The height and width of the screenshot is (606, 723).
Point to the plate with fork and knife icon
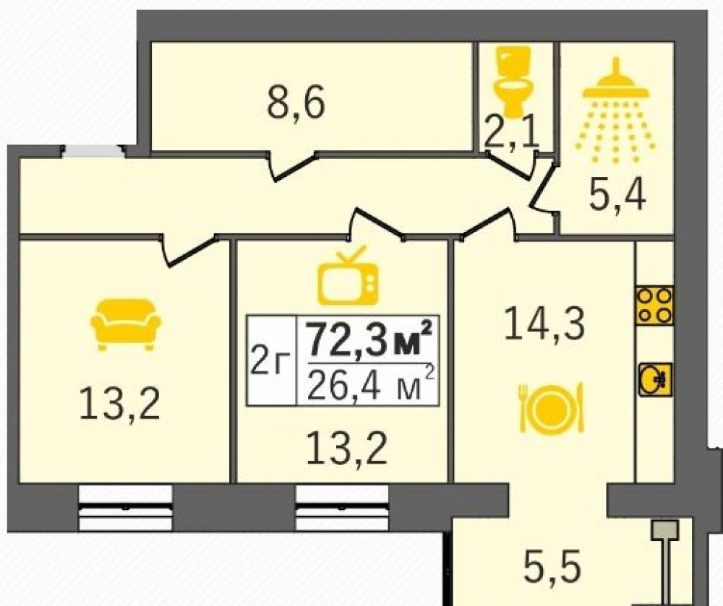pyautogui.click(x=552, y=407)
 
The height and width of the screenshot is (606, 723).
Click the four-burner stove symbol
pyautogui.click(x=654, y=306)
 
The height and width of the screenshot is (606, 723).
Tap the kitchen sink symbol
pyautogui.click(x=655, y=379)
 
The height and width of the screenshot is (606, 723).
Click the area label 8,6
pyautogui.click(x=296, y=103)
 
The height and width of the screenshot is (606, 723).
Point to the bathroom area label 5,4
pyautogui.click(x=617, y=195)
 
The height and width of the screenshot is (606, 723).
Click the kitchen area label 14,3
pyautogui.click(x=545, y=324)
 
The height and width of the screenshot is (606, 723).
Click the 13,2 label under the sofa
pyautogui.click(x=119, y=403)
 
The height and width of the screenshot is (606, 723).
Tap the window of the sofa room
pyautogui.click(x=125, y=508)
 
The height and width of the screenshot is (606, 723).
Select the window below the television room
pyautogui.click(x=342, y=508)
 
